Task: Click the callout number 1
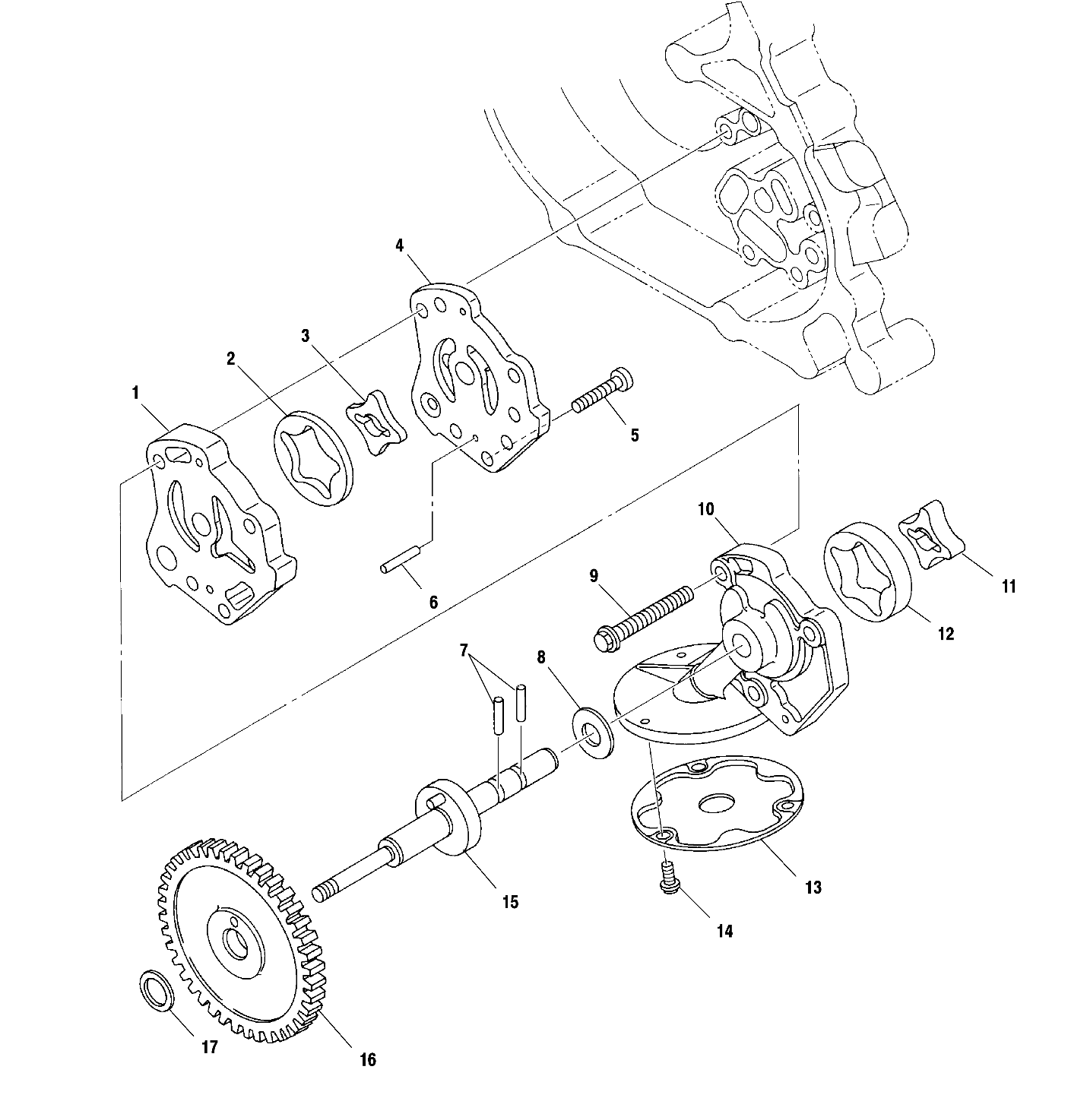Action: click(135, 393)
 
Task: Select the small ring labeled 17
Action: click(157, 991)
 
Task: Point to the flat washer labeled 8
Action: click(590, 732)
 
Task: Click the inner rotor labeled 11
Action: click(931, 541)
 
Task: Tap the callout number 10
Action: click(705, 508)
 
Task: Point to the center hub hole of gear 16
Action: click(238, 945)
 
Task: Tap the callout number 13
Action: click(813, 887)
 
